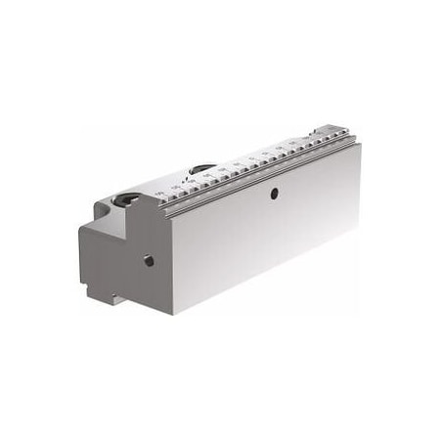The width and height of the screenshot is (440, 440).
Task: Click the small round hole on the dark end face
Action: tap(149, 262)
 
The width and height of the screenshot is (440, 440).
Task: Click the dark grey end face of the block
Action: tap(122, 249)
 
